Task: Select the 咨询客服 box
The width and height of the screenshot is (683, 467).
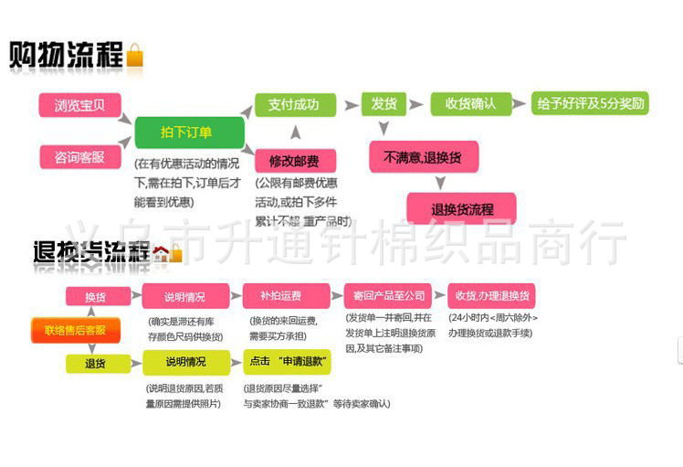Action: pyautogui.click(x=79, y=156)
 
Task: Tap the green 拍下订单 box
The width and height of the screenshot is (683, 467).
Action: pyautogui.click(x=189, y=133)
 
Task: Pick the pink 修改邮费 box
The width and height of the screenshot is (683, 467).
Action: pyautogui.click(x=295, y=161)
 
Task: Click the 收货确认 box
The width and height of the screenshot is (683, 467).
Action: pyautogui.click(x=470, y=104)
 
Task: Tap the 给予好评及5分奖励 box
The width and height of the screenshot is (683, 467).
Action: pyautogui.click(x=591, y=103)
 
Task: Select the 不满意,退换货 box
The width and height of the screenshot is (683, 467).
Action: pyautogui.click(x=423, y=156)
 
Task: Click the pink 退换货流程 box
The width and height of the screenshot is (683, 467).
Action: pyautogui.click(x=462, y=208)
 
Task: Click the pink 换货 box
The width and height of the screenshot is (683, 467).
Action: pyautogui.click(x=95, y=296)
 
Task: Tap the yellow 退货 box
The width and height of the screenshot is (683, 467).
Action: pyautogui.click(x=95, y=363)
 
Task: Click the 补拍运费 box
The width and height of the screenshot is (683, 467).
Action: pyautogui.click(x=280, y=296)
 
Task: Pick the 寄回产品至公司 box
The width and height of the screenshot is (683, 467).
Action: pyautogui.click(x=390, y=296)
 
